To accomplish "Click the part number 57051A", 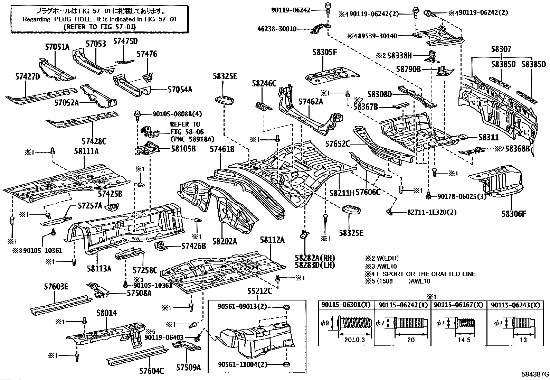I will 57,47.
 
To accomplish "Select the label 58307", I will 501,49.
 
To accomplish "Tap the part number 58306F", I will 514,214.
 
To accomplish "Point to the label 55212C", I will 259,291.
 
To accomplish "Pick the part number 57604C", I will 152,371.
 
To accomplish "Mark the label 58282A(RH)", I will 315,257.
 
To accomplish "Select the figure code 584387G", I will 535,374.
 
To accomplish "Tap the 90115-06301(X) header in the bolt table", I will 346,305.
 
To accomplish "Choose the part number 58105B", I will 183,149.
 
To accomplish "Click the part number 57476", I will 147,54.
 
